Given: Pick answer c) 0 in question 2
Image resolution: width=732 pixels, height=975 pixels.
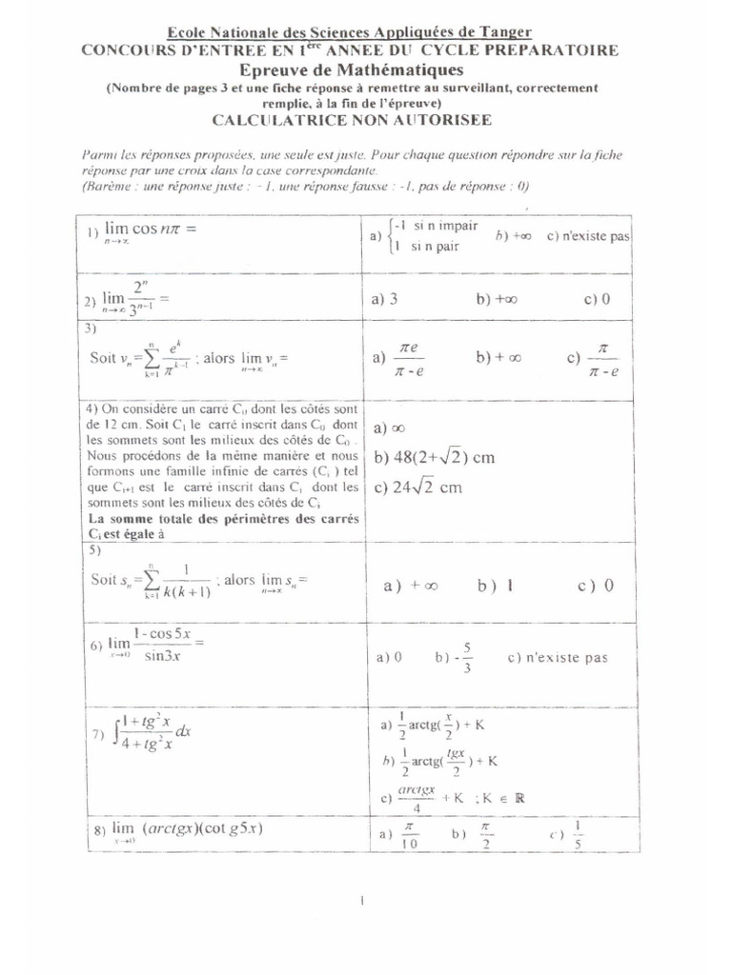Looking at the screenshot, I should (598, 299).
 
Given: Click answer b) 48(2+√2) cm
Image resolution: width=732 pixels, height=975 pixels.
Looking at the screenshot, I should (435, 457).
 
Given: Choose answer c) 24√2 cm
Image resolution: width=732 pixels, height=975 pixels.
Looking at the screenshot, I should (418, 487).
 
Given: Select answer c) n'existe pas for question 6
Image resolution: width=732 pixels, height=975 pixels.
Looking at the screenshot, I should (558, 657).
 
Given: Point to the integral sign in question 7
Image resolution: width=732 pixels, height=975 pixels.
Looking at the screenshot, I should (116, 734).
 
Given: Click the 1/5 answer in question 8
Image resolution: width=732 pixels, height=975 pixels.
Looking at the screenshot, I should (577, 835).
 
